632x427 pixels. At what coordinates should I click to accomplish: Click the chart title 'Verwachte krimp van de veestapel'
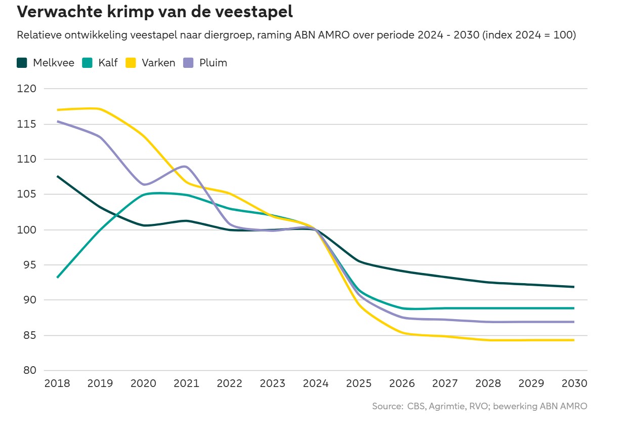(155, 12)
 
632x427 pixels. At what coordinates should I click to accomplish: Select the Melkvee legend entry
(46, 63)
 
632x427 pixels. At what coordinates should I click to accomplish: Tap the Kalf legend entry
(100, 63)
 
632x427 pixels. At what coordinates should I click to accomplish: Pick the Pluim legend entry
(205, 63)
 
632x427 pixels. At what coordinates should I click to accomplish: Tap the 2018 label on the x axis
(57, 383)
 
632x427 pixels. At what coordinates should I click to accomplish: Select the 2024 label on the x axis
(316, 383)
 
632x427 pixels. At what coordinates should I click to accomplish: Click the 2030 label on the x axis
(574, 383)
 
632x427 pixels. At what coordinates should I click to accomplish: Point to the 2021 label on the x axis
(187, 383)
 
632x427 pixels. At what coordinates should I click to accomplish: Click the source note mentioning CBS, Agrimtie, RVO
(480, 406)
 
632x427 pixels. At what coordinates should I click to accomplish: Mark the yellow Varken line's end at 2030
(573, 340)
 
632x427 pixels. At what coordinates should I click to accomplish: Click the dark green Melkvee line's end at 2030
(573, 287)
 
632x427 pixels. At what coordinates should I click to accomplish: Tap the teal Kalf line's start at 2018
(57, 278)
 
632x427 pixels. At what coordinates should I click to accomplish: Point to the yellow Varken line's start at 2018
(57, 109)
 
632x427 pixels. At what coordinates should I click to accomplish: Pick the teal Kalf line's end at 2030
(573, 308)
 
